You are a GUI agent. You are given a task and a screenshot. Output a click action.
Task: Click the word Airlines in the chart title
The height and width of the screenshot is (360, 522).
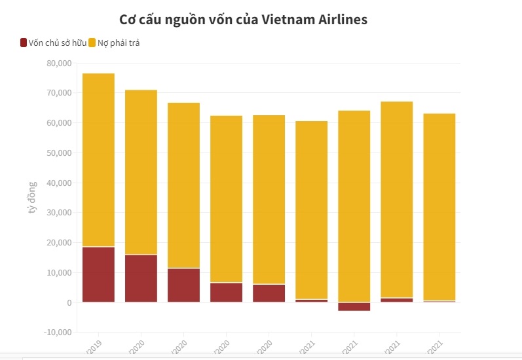pos(338,20)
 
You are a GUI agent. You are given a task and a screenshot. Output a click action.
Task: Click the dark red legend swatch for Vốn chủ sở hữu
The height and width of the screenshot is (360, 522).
pos(24,43)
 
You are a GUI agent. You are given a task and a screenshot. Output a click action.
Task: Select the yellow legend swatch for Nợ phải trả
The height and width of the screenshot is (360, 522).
pos(92,43)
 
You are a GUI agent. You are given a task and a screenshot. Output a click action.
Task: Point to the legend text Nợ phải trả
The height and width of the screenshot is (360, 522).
pos(119,43)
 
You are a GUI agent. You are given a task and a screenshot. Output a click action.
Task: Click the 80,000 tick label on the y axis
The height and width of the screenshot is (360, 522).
pos(59,63)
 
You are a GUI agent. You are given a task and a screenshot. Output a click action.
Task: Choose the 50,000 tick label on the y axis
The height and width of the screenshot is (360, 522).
pos(59,153)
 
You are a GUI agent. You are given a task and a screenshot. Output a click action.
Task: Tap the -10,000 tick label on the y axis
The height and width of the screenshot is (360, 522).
pos(58,333)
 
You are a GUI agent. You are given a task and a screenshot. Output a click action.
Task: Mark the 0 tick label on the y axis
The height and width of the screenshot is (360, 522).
pos(68,303)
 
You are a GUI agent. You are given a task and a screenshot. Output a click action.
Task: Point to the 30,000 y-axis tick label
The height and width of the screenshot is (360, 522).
pos(59,213)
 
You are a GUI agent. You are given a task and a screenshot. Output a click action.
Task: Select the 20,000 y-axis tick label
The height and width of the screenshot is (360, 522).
pos(59,243)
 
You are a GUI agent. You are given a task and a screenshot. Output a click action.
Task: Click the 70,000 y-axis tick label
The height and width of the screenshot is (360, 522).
pos(59,93)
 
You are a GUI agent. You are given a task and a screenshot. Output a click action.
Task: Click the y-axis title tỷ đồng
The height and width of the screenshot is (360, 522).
pos(32,198)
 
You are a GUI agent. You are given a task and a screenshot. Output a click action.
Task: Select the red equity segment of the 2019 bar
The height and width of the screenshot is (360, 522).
pos(98,275)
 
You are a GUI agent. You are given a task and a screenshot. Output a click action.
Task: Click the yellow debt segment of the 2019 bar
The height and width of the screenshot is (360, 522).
pos(98,160)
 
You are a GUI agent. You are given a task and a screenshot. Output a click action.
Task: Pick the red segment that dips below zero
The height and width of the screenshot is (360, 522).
pos(354,306)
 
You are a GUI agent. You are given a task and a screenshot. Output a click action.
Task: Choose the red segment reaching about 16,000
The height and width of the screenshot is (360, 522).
pos(141,279)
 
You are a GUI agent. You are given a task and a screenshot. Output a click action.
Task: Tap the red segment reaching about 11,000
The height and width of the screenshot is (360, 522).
pos(183,285)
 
